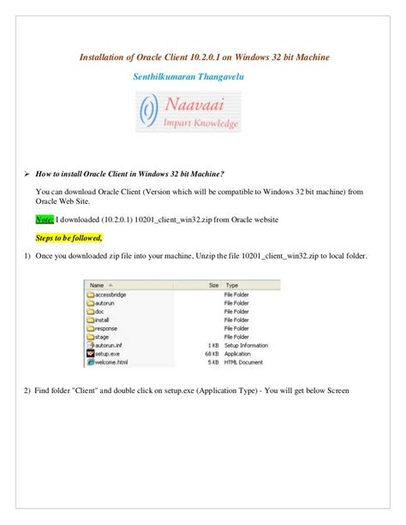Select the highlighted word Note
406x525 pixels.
click(x=45, y=220)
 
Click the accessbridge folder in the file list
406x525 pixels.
click(x=111, y=293)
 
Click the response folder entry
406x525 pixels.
click(x=106, y=327)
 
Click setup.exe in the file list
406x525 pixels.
click(x=108, y=353)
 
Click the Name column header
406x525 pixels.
click(x=99, y=283)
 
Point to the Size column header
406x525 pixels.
click(x=213, y=283)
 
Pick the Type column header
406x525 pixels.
click(x=231, y=283)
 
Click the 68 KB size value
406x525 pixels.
click(x=212, y=353)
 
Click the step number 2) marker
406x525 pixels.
click(x=27, y=391)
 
